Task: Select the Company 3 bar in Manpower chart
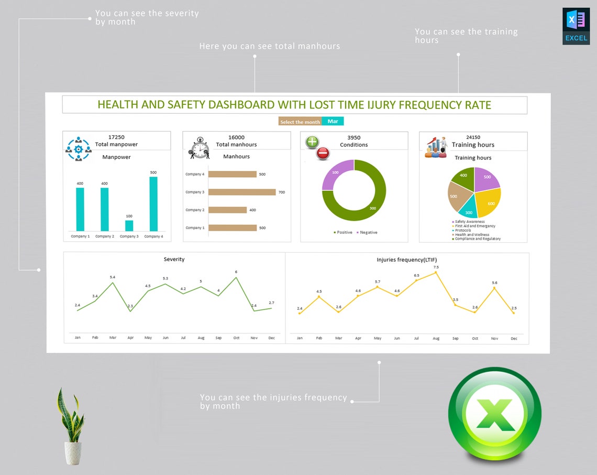pos(129,225)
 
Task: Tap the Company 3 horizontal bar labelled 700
pos(242,192)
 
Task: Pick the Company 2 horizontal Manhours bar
pos(227,210)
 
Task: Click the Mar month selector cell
pos(333,121)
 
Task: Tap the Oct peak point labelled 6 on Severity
pos(236,277)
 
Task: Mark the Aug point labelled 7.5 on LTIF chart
pos(436,272)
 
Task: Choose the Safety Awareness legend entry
pos(469,222)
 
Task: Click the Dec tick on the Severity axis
pos(271,338)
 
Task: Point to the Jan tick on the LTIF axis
pos(300,339)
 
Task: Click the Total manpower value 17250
pos(116,137)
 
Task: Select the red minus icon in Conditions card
pos(323,154)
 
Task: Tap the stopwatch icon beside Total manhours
pos(200,148)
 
